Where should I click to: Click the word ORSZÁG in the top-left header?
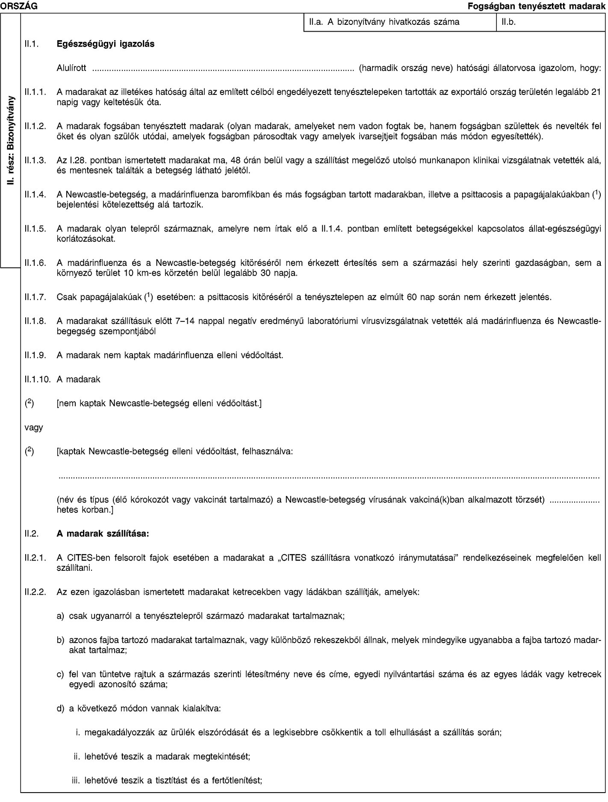click(x=18, y=6)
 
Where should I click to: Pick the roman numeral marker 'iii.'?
click(x=76, y=780)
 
